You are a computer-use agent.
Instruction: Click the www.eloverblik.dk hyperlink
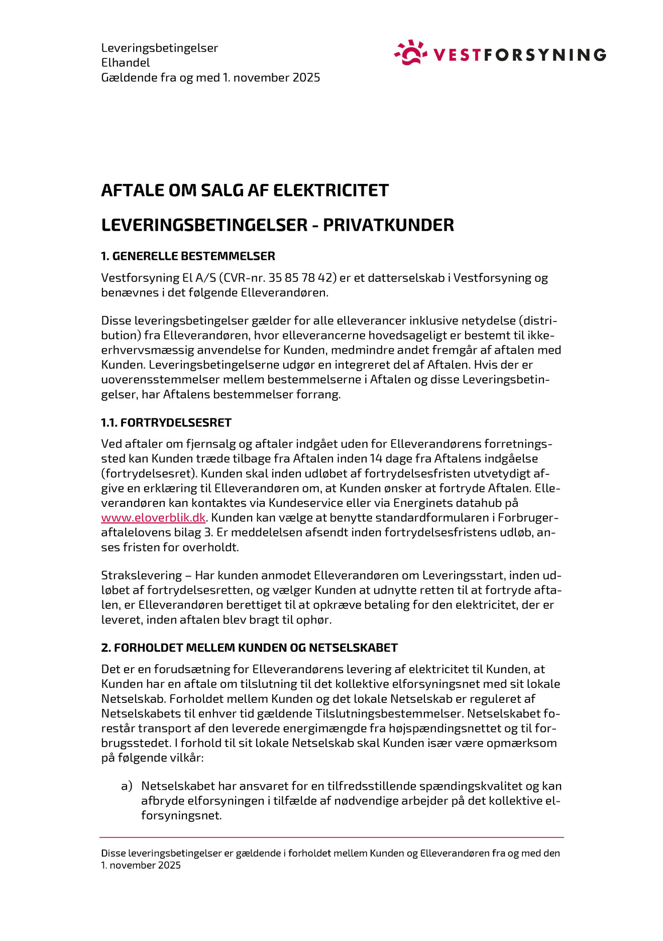[x=153, y=517]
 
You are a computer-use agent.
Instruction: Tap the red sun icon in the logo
[x=410, y=53]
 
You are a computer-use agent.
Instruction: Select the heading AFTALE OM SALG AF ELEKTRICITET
[x=245, y=190]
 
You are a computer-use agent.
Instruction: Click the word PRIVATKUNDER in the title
[x=388, y=225]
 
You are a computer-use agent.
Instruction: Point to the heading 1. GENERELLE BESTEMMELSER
[x=188, y=256]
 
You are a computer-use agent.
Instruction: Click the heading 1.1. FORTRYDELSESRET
[x=166, y=423]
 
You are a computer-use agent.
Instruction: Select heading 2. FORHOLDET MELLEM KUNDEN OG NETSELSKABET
[x=249, y=648]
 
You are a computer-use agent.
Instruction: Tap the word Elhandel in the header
[x=126, y=63]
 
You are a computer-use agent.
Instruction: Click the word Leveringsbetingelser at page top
[x=159, y=48]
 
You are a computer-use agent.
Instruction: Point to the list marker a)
[x=127, y=786]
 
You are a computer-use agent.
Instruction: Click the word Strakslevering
[x=141, y=575]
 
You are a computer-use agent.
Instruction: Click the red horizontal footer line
[x=331, y=838]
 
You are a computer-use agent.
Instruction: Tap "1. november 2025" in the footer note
[x=141, y=865]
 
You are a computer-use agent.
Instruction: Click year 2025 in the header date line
[x=306, y=77]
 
